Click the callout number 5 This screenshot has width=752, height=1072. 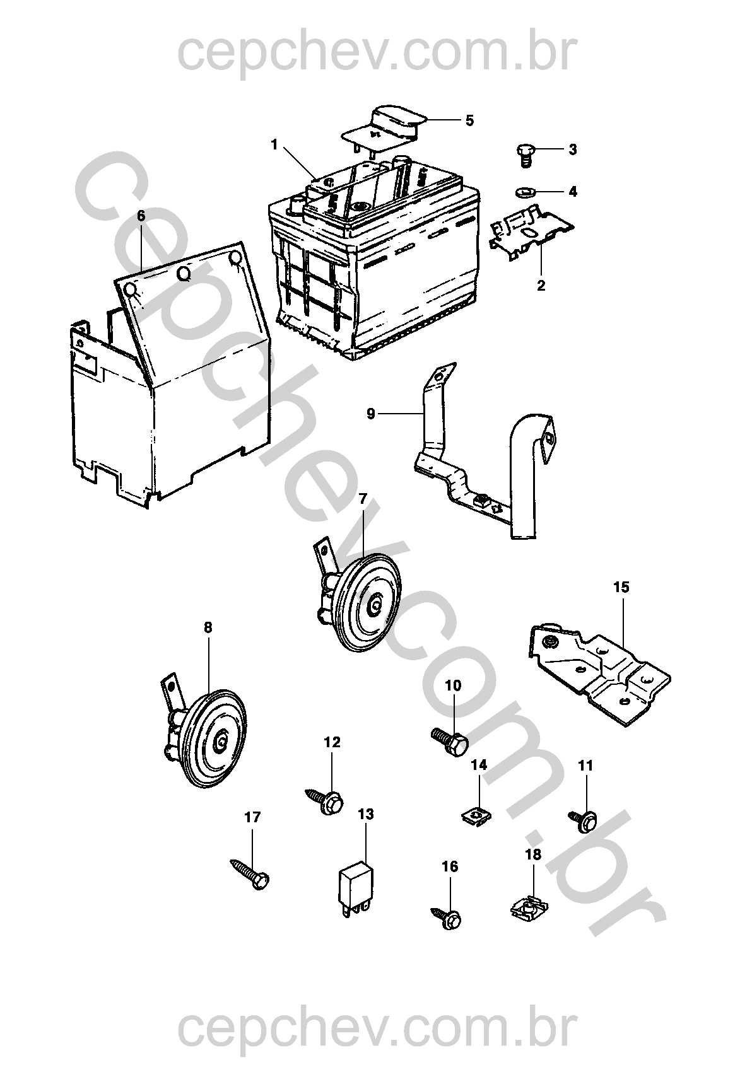click(x=469, y=120)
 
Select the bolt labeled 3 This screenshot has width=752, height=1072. click(x=523, y=153)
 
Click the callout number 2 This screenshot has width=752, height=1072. click(x=541, y=285)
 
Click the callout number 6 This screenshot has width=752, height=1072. click(x=141, y=216)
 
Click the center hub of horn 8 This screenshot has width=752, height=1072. click(x=221, y=743)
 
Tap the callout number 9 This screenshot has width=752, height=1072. click(x=370, y=414)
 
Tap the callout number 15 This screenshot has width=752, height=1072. click(x=621, y=588)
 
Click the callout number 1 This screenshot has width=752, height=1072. click(x=274, y=144)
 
